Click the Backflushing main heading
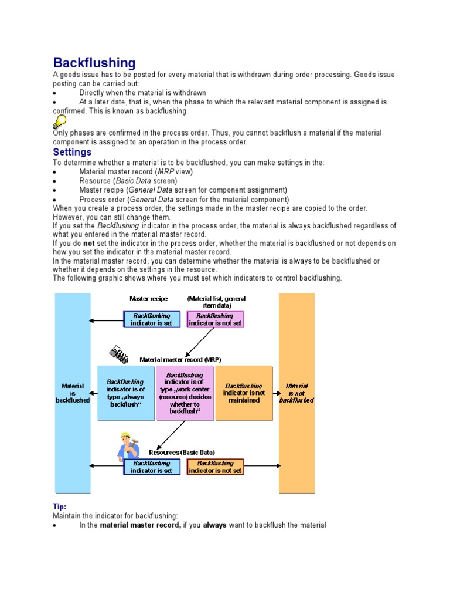(94, 63)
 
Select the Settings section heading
(72, 152)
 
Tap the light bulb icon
(59, 122)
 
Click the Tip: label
(60, 506)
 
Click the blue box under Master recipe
(151, 319)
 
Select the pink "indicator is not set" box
(215, 319)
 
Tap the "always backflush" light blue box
(126, 393)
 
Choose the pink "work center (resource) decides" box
(185, 393)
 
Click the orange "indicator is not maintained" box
(244, 393)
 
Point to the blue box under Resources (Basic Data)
(151, 467)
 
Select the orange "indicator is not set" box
(215, 467)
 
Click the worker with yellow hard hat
(127, 447)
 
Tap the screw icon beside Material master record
(119, 354)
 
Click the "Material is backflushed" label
(73, 393)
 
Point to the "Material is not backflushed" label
(296, 393)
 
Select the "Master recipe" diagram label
(148, 299)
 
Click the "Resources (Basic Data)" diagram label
(182, 453)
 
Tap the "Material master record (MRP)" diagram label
(180, 359)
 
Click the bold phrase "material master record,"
(141, 525)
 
